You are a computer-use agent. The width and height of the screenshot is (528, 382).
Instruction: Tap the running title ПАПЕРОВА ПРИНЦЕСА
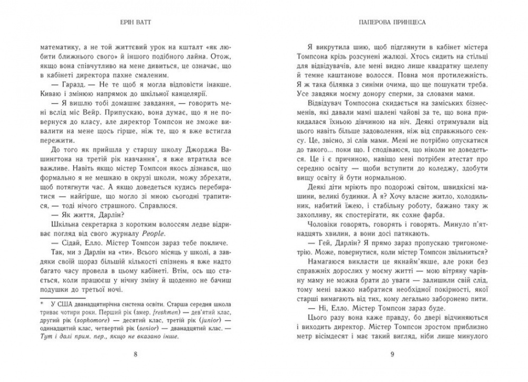point(392,23)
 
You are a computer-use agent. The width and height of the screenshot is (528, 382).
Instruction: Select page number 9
point(392,354)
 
